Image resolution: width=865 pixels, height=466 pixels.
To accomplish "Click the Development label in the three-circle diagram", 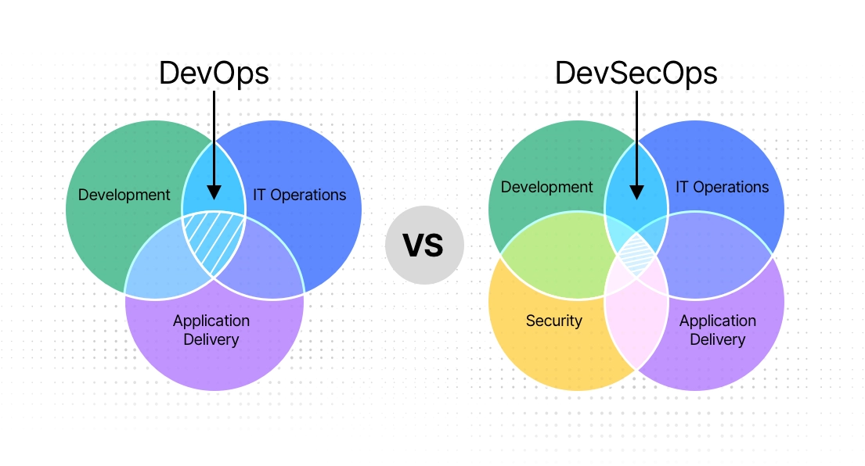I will [124, 195].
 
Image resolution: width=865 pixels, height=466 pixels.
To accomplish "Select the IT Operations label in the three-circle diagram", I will [299, 195].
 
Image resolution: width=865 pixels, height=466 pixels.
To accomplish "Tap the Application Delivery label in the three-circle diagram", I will [211, 330].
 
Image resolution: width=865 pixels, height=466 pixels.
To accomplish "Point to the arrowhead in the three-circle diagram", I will [214, 192].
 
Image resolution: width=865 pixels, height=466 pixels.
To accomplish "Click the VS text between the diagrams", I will [423, 246].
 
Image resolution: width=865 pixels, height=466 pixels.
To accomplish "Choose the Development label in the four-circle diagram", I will [546, 187].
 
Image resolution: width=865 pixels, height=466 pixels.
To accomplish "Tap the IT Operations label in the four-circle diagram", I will [722, 187].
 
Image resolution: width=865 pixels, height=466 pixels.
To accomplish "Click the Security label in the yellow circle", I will [553, 321].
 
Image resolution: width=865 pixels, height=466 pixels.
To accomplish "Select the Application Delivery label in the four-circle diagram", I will [717, 330].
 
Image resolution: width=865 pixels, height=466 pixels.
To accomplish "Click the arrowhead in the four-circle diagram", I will [636, 192].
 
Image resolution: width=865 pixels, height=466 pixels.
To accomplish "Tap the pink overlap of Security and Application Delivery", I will [636, 313].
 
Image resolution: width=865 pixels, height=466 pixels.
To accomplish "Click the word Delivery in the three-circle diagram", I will [211, 339].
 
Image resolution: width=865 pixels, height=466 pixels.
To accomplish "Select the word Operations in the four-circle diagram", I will [733, 187].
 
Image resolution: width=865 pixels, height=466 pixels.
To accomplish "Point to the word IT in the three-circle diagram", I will [260, 195].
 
